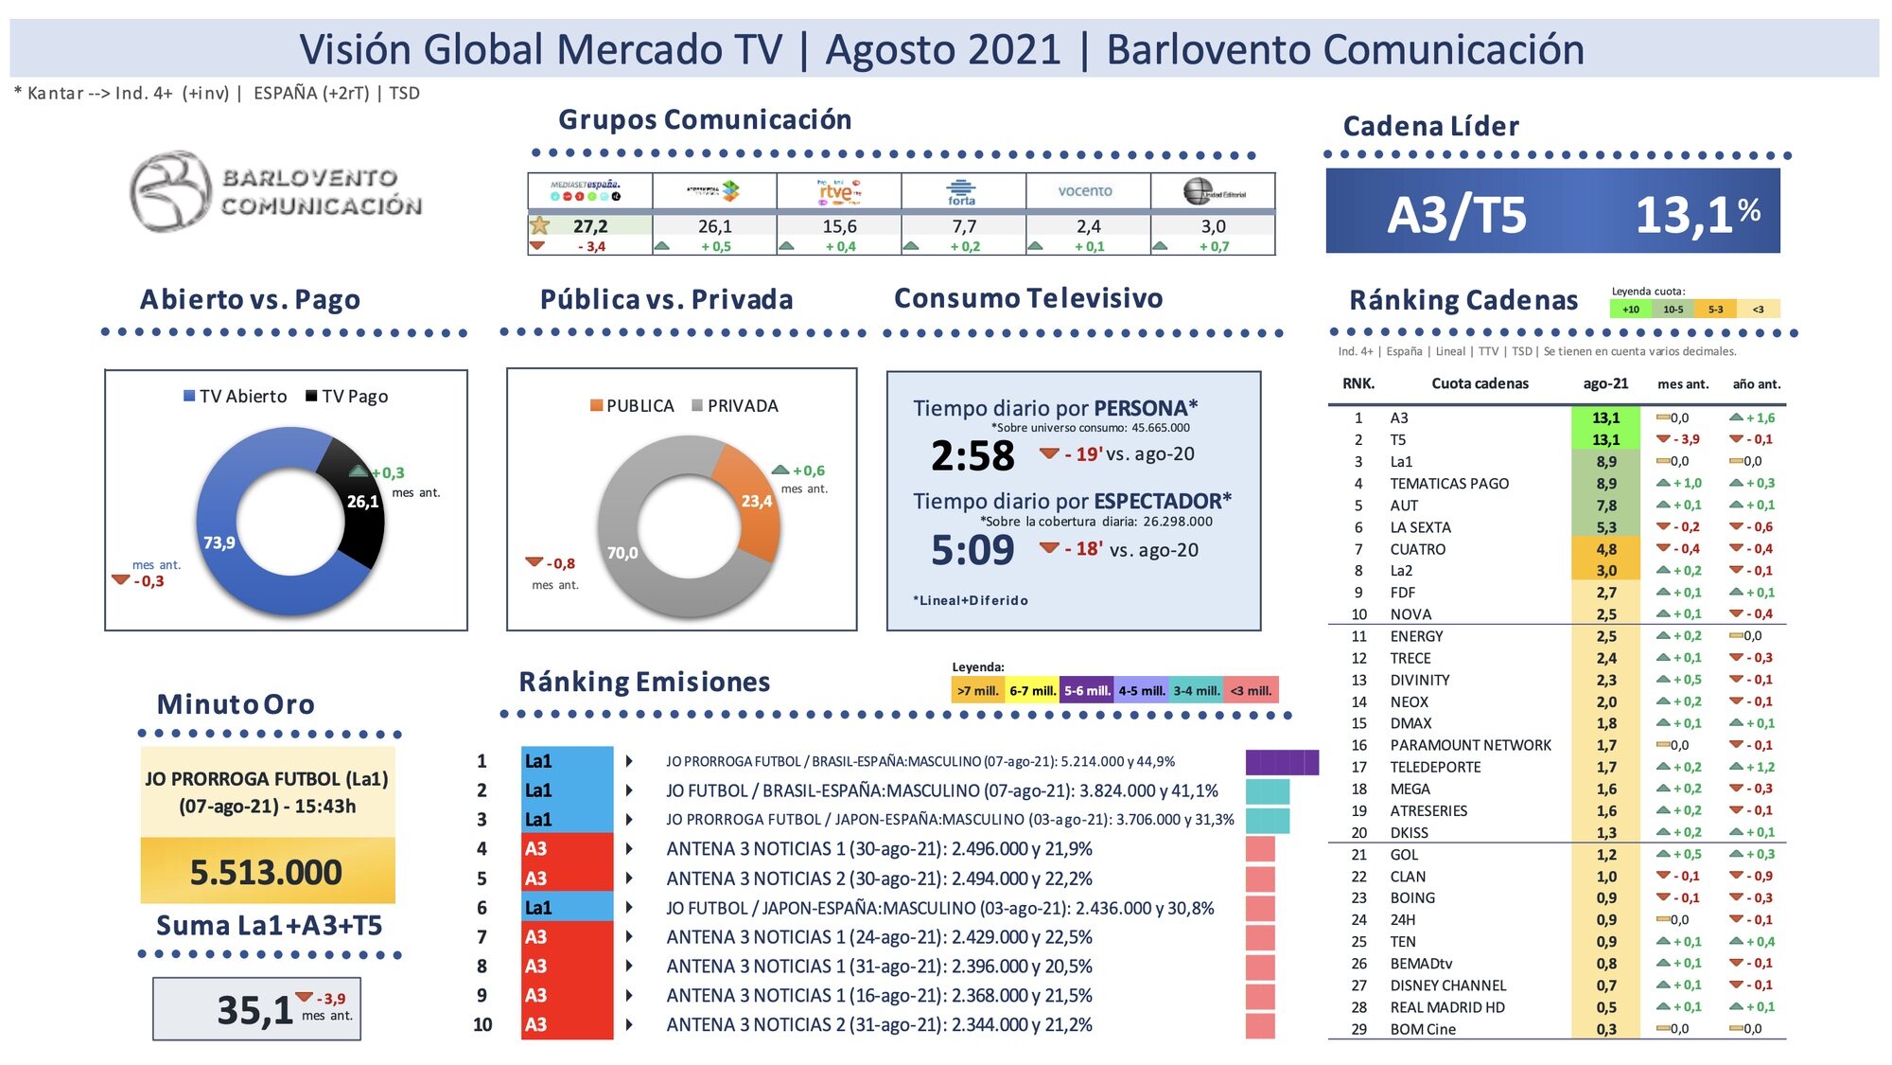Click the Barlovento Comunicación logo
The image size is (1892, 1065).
pos(275,191)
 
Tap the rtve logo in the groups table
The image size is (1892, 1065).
pos(838,190)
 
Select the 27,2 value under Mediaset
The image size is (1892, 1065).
pos(590,226)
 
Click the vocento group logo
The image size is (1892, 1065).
pos(1085,190)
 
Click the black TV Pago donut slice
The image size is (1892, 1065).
pos(356,492)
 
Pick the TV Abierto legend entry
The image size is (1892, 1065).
pos(236,397)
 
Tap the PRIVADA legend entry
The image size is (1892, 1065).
pos(735,406)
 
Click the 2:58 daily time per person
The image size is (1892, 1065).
pos(972,456)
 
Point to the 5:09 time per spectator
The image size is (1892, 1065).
pos(972,550)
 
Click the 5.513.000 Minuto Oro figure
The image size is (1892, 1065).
pos(266,872)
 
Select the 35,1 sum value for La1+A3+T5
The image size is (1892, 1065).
pos(254,1010)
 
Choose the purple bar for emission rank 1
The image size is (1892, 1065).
pos(1282,762)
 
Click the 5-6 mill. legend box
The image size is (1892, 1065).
pos(1087,691)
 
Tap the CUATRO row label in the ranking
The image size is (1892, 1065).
pos(1417,549)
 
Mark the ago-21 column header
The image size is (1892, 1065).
pos(1605,383)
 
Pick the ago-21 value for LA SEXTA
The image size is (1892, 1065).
pos(1606,527)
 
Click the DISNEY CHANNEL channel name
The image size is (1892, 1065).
pos(1447,985)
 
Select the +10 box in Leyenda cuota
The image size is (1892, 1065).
pos(1631,310)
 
